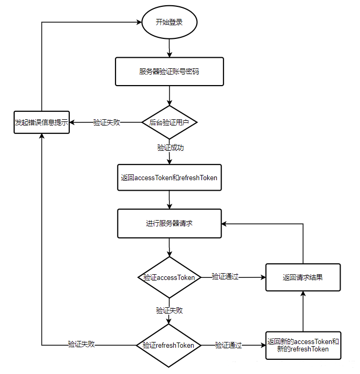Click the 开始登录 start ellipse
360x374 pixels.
(x=170, y=22)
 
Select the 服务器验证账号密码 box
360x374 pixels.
(x=170, y=71)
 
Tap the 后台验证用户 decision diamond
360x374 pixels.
(x=170, y=122)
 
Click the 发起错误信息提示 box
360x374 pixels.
(x=41, y=122)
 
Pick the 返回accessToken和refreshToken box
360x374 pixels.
(x=170, y=178)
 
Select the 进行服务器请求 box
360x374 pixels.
(x=170, y=223)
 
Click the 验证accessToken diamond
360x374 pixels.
(x=170, y=277)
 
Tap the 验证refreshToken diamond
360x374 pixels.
(x=168, y=346)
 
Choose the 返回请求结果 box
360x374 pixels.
(x=303, y=277)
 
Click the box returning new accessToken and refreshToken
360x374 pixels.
(x=303, y=346)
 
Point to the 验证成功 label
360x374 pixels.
(x=171, y=148)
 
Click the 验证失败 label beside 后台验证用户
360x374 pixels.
(x=107, y=122)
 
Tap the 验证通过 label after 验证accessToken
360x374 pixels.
(x=225, y=276)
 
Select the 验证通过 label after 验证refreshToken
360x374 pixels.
(x=228, y=345)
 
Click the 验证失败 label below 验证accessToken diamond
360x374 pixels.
(x=170, y=310)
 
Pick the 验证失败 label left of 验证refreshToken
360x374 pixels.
(x=81, y=344)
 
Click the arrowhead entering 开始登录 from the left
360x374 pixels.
(x=139, y=23)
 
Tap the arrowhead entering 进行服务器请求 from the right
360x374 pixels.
(x=224, y=224)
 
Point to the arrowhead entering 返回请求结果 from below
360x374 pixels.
(x=303, y=294)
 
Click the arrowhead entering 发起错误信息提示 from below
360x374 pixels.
(x=41, y=136)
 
